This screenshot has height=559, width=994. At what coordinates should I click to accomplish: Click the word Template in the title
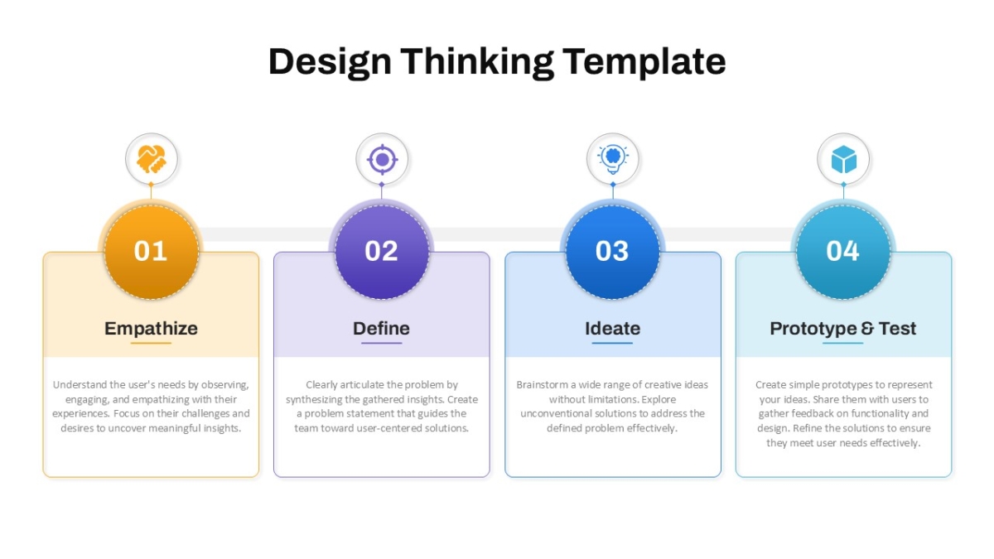(x=644, y=62)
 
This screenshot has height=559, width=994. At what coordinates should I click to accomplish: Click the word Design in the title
(x=330, y=63)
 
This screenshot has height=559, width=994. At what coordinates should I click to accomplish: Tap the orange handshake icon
(x=152, y=159)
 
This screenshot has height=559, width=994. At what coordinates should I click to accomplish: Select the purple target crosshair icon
(x=382, y=159)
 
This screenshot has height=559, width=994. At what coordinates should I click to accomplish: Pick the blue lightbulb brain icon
(x=613, y=159)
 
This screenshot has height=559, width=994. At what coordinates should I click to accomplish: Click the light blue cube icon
(x=843, y=159)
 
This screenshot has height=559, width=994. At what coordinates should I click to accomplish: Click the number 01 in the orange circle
(x=151, y=251)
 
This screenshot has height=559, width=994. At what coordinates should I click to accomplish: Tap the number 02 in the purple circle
(x=381, y=251)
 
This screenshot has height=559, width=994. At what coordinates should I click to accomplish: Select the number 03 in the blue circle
(x=612, y=251)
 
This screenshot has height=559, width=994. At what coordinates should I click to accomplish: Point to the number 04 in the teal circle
(x=842, y=251)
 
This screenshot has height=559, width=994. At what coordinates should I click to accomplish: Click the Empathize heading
(x=151, y=329)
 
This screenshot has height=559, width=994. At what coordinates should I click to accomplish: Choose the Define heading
(x=381, y=328)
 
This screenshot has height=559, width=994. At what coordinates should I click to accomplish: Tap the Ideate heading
(x=612, y=328)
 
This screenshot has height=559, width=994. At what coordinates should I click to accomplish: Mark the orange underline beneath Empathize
(x=151, y=343)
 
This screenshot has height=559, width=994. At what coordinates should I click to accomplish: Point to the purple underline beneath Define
(x=382, y=343)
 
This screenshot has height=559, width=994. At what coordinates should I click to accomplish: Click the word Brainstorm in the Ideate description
(x=542, y=384)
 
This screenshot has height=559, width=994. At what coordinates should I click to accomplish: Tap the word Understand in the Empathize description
(x=80, y=384)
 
